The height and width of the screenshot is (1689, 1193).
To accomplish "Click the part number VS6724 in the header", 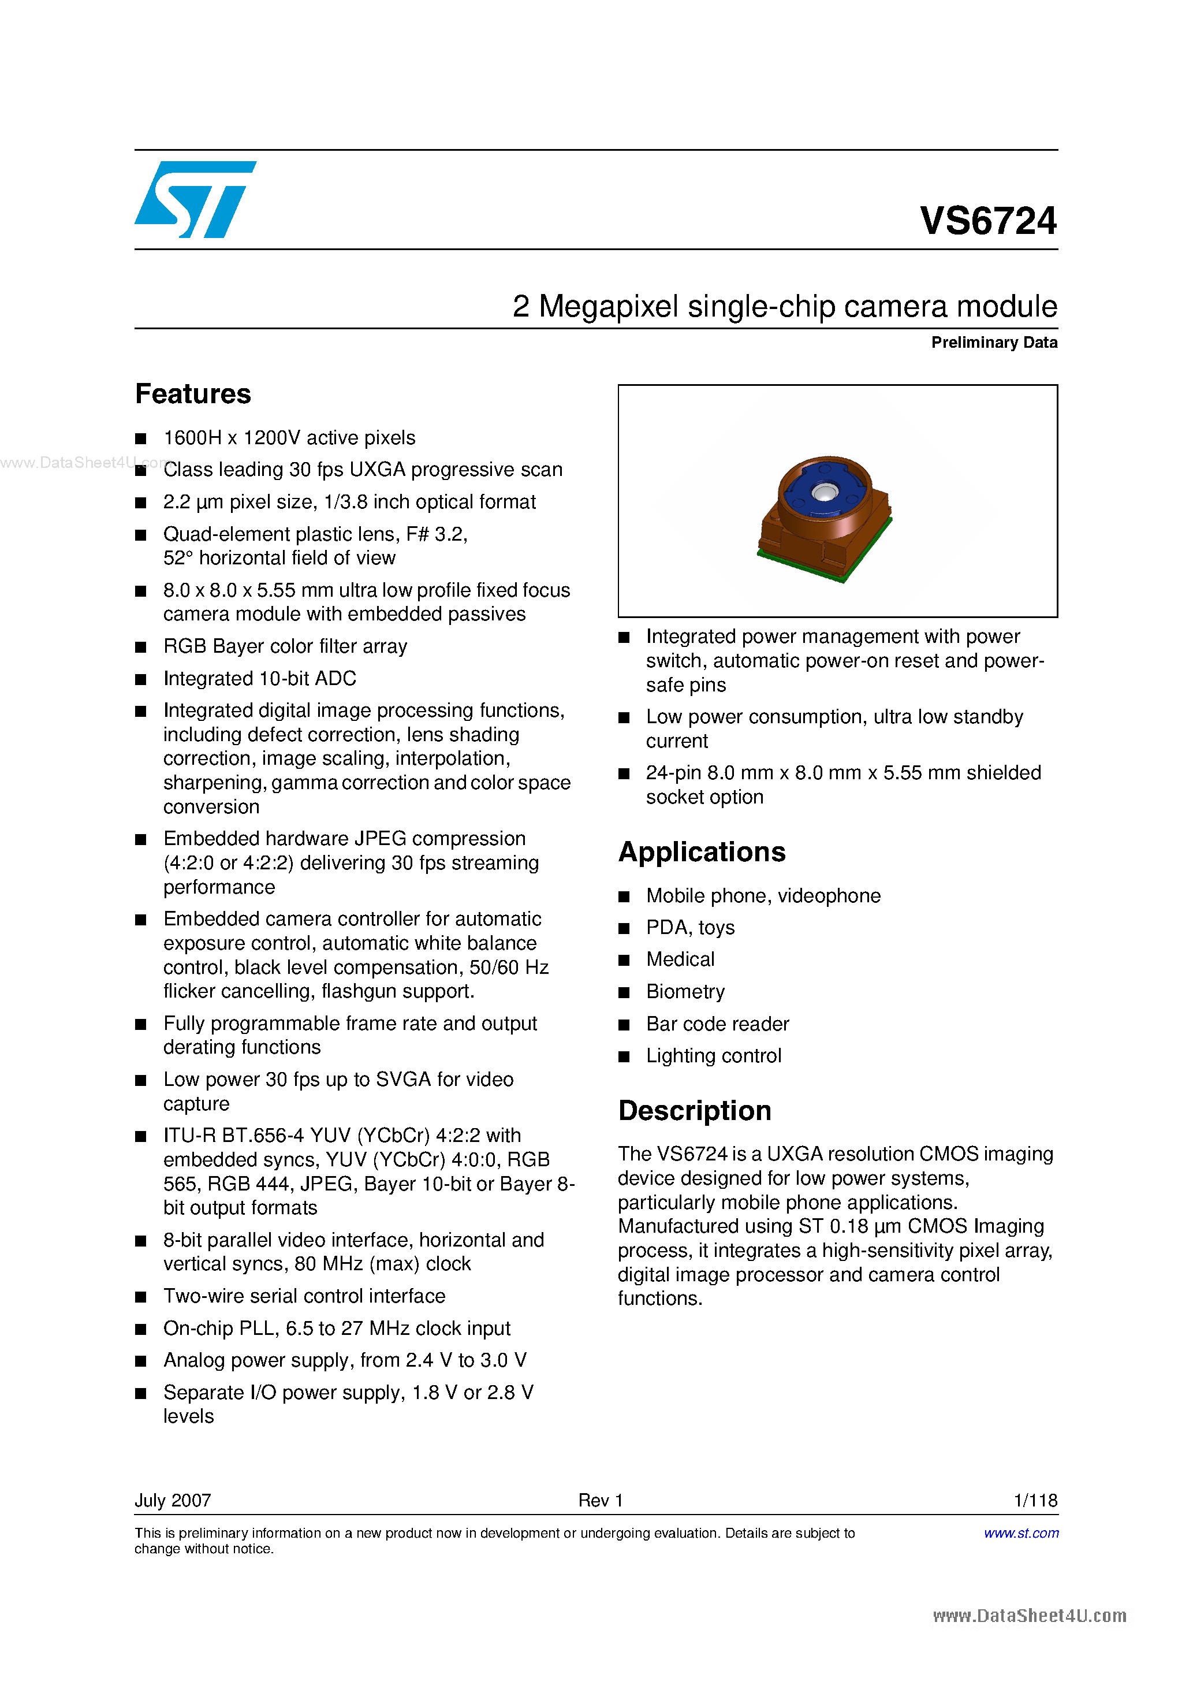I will point(988,221).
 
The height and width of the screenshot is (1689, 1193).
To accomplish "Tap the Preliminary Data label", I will point(994,343).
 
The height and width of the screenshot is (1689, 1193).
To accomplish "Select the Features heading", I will point(193,395).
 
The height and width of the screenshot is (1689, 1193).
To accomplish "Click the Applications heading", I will point(702,852).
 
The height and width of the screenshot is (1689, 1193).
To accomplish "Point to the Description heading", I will point(694,1111).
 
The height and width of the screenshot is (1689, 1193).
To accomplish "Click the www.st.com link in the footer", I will point(1021,1533).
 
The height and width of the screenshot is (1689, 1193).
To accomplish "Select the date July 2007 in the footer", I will point(173,1500).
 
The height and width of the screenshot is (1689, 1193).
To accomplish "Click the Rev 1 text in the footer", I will point(600,1500).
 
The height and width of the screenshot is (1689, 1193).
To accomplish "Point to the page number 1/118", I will point(1035,1500).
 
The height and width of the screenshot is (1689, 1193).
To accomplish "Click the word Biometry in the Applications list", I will point(685,992).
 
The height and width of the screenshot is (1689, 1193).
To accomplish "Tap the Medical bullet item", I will point(680,959).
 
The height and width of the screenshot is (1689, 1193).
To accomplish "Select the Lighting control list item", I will point(714,1056).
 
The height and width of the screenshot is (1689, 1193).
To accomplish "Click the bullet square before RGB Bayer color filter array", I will point(141,648).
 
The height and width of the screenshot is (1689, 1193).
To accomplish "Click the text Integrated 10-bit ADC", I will point(260,678).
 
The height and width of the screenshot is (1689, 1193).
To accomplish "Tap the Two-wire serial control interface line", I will point(304,1296).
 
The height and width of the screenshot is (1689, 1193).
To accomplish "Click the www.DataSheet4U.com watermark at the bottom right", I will point(1029,1616).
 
